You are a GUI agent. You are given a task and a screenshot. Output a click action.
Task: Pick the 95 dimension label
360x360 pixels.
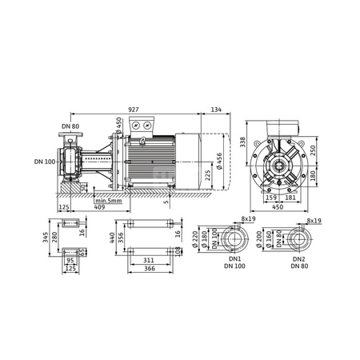(70, 260)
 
